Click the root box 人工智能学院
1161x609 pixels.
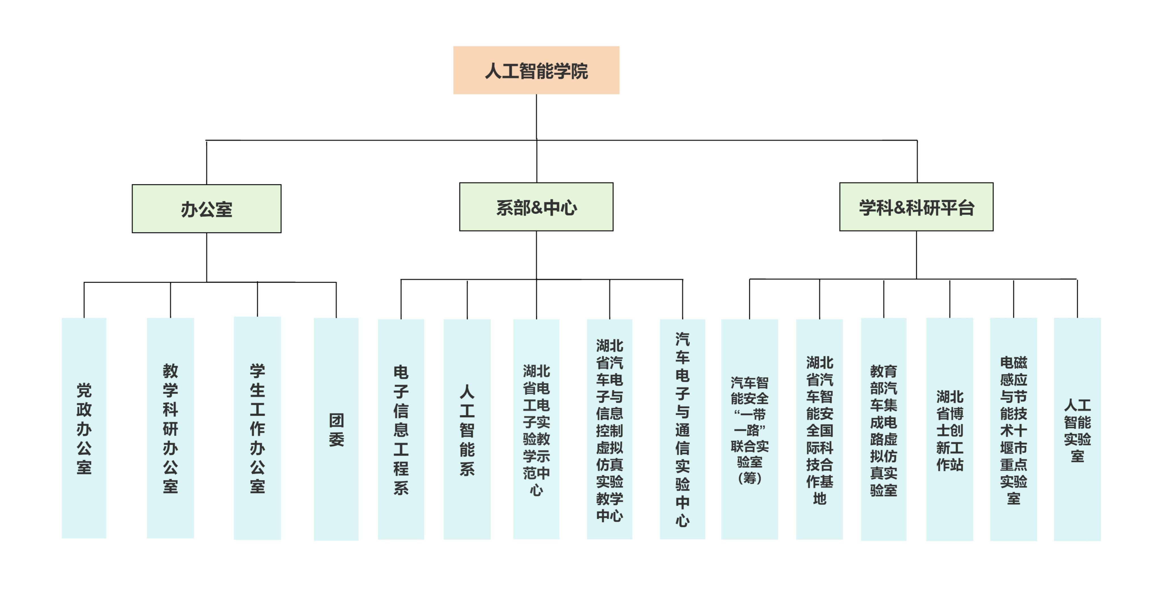click(536, 70)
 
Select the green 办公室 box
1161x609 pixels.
click(206, 209)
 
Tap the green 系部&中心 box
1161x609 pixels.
click(536, 207)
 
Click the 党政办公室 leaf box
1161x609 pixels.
click(84, 428)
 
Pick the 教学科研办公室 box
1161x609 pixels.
click(170, 428)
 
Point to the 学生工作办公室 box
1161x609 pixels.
click(257, 428)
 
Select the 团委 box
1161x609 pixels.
click(336, 429)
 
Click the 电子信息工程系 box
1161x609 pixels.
click(401, 429)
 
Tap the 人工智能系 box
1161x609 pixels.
click(467, 429)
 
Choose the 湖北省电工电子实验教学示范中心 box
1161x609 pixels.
click(536, 429)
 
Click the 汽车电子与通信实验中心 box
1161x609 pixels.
click(682, 429)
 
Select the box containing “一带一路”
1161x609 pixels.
click(749, 429)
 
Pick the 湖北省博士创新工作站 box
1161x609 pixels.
click(950, 429)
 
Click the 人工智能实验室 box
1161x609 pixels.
click(1077, 429)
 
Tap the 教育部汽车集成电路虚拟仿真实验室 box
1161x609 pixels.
click(884, 429)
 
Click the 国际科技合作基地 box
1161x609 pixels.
click(819, 429)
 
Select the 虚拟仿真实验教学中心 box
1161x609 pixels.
click(609, 429)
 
